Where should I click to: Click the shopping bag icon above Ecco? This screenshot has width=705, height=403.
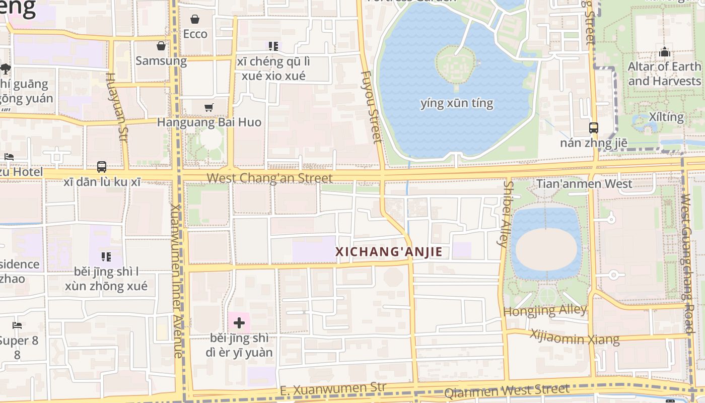(195, 20)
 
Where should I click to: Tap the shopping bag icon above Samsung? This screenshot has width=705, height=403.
(161, 46)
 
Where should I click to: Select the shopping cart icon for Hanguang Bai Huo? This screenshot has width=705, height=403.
(209, 107)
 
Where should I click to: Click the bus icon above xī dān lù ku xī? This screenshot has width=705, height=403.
(102, 167)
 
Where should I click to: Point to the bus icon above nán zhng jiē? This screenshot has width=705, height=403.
(594, 128)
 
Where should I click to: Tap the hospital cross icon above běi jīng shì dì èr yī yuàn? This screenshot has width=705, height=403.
(239, 323)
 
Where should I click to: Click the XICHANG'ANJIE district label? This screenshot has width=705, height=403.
(389, 252)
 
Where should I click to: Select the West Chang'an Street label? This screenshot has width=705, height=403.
(269, 178)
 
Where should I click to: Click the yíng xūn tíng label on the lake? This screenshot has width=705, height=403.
(457, 104)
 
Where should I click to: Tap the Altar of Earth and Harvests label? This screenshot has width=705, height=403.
(664, 74)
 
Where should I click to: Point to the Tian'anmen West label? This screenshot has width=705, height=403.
(584, 184)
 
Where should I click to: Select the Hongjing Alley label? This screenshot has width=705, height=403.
(545, 310)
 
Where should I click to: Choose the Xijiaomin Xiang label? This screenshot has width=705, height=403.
(575, 337)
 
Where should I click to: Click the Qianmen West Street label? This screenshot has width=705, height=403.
(507, 390)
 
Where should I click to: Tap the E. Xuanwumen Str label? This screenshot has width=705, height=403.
(332, 389)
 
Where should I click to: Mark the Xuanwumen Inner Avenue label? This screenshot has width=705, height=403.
(176, 281)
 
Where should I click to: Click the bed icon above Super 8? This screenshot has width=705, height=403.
(17, 325)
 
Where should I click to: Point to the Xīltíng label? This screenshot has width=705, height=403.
(666, 117)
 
